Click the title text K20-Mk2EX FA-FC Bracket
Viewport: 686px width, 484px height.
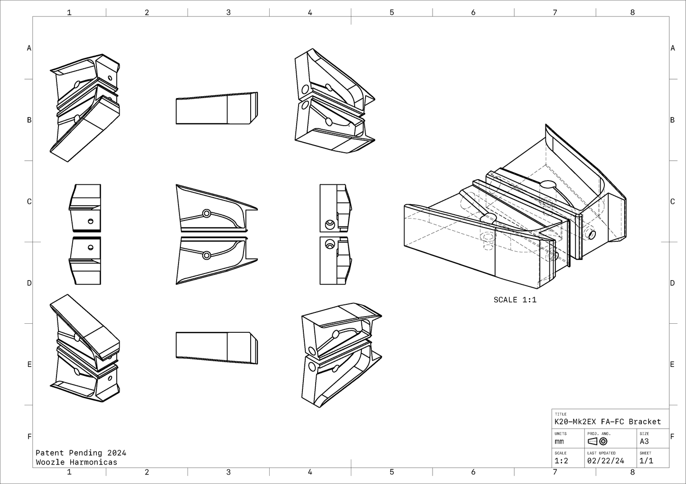(x=607, y=421)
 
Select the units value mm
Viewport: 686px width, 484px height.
(x=559, y=441)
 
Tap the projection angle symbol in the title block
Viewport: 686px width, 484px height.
(x=597, y=441)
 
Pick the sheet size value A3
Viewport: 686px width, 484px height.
(x=644, y=441)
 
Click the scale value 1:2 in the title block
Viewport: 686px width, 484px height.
(x=561, y=460)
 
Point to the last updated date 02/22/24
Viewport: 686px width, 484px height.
(x=605, y=460)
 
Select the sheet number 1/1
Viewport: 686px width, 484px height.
(x=646, y=460)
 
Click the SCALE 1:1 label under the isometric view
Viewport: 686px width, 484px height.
(x=515, y=300)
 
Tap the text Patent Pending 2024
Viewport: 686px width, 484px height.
(x=81, y=453)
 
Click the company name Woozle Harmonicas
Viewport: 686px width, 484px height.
(x=76, y=462)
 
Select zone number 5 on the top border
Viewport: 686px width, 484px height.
(x=392, y=12)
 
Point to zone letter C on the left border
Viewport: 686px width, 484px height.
(x=29, y=201)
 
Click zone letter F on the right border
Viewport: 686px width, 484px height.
(x=672, y=437)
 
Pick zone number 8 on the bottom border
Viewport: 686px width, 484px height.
(x=632, y=472)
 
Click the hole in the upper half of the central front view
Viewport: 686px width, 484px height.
(x=207, y=213)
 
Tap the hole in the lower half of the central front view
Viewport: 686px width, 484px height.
(x=207, y=255)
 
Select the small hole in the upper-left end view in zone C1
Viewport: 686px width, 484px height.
(x=90, y=221)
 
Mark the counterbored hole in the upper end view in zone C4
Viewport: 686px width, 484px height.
(x=329, y=224)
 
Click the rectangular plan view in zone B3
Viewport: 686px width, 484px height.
(x=216, y=109)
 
